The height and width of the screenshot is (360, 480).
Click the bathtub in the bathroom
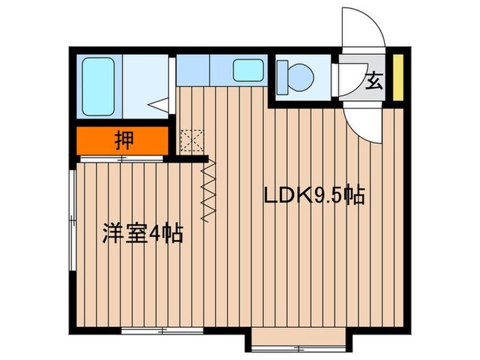(99, 86)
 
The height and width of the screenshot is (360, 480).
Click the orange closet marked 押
(122, 141)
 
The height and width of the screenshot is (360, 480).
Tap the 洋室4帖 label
(143, 234)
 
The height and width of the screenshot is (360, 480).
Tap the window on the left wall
(71, 219)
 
